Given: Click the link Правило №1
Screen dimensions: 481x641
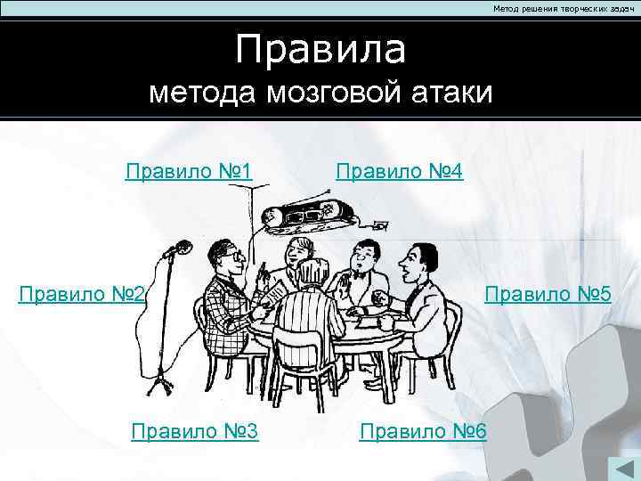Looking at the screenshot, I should point(190,170).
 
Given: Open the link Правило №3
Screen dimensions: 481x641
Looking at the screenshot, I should point(194,432).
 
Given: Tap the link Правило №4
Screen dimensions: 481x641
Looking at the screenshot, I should point(399,170).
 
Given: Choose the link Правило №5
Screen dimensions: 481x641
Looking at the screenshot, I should point(548,293).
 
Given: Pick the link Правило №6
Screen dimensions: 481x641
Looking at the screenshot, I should point(423,432).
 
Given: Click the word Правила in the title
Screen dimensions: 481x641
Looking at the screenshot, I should point(320,50).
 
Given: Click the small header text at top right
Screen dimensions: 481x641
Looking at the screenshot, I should point(558,8).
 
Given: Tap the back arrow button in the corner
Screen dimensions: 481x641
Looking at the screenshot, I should point(621,469).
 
